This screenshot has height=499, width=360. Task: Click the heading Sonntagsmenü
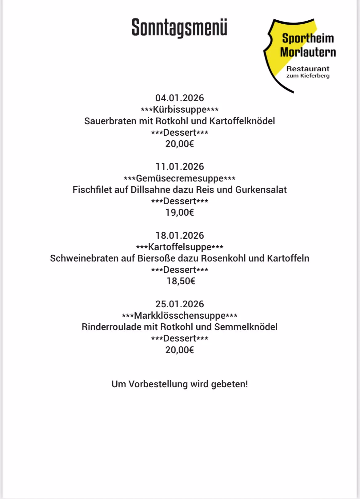point(179,28)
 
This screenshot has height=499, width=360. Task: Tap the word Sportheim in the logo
point(308,38)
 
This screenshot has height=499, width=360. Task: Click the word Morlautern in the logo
point(308,52)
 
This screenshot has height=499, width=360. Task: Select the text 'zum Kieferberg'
point(308,76)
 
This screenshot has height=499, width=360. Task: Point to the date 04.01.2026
point(180,98)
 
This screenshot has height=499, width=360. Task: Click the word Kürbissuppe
point(180,110)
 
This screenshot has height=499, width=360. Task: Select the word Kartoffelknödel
point(242,121)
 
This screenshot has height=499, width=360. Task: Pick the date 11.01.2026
point(180,167)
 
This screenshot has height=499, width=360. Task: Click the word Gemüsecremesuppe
point(180,178)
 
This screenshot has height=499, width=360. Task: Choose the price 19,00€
point(180,213)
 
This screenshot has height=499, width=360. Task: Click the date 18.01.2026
point(180,236)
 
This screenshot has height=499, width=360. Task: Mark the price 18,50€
point(181,281)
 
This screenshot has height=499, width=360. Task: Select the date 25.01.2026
point(180,304)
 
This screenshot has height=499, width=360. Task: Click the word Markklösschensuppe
point(180,316)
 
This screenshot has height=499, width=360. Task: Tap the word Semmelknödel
point(246,327)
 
